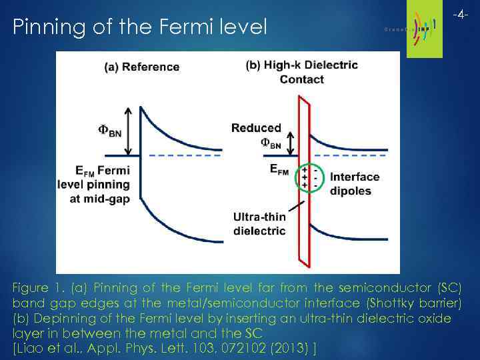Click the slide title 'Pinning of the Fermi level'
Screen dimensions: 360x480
[140, 27]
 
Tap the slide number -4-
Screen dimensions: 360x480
[461, 14]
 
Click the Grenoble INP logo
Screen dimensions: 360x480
[417, 27]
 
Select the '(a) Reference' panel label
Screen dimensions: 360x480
[141, 67]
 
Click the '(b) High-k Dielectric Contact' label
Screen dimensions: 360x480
[302, 72]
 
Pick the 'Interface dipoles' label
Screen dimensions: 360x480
[354, 184]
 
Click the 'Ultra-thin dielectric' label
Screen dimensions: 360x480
[259, 224]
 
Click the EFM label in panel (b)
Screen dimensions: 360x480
[279, 170]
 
